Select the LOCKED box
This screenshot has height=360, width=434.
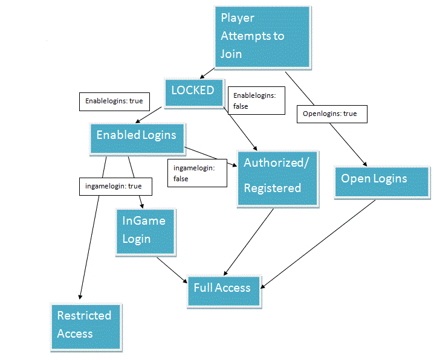193,91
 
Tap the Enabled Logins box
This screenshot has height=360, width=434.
137,135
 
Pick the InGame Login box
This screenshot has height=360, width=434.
145,231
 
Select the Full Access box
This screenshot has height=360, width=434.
222,288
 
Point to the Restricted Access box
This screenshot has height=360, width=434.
85,326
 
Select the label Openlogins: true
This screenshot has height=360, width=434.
332,114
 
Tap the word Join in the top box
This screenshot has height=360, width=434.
232,54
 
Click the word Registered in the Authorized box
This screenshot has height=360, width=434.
272,188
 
